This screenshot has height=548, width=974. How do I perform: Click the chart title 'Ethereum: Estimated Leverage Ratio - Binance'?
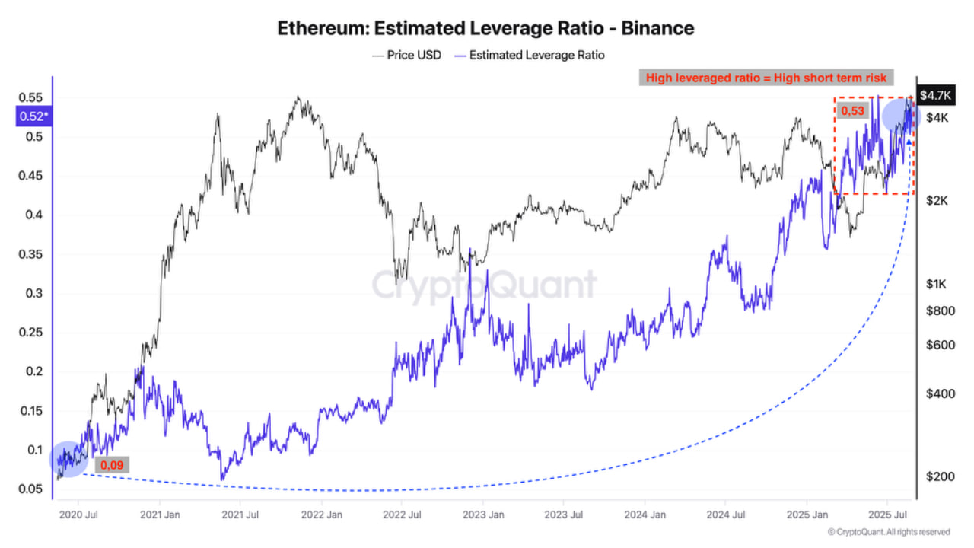click(x=485, y=29)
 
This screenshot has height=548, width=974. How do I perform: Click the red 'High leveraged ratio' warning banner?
click(x=766, y=78)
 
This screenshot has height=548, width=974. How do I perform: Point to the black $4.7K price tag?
click(x=934, y=95)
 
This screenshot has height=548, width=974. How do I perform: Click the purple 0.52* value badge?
click(x=33, y=116)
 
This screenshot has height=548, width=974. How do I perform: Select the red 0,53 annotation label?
click(x=851, y=111)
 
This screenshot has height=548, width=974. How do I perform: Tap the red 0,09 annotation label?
click(x=112, y=464)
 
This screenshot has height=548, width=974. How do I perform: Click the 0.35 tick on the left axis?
click(x=30, y=254)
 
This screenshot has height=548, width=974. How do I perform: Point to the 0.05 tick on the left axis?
click(x=30, y=489)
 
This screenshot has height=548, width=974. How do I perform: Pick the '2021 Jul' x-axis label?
click(x=240, y=514)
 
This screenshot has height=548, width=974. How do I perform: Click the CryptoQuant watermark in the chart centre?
click(x=484, y=285)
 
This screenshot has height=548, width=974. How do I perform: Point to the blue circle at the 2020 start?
click(x=69, y=459)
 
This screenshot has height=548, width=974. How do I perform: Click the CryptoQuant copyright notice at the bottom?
click(x=888, y=532)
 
